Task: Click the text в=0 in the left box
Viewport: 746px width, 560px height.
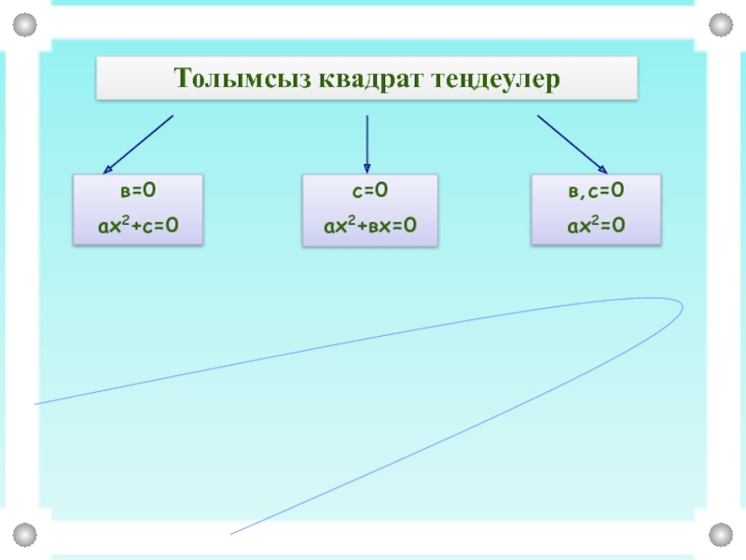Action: click(138, 191)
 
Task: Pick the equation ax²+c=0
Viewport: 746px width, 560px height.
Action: click(138, 224)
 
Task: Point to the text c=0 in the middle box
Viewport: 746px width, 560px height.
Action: click(369, 191)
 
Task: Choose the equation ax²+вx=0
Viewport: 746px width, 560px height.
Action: click(369, 224)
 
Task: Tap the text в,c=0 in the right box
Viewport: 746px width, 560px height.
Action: click(596, 191)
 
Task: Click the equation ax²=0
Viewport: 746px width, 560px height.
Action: click(596, 224)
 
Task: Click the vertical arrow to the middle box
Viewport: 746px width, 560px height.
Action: click(366, 140)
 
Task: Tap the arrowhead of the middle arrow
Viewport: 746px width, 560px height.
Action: click(366, 168)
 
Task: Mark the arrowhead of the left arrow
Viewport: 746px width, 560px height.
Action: click(106, 167)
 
